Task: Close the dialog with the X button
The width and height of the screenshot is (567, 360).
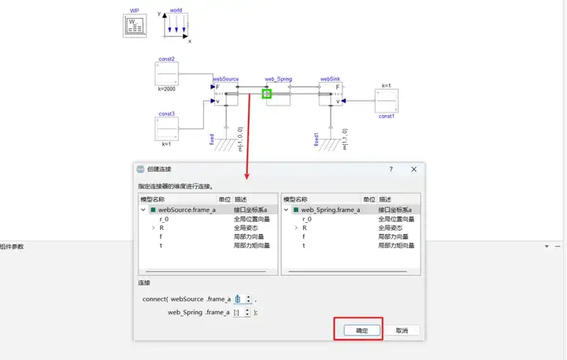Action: click(x=413, y=169)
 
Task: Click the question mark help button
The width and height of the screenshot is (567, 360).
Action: click(x=391, y=169)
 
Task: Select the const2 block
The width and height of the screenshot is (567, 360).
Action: click(x=167, y=74)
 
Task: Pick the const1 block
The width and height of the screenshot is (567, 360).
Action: click(x=386, y=101)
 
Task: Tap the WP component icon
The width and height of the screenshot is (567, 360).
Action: click(x=135, y=26)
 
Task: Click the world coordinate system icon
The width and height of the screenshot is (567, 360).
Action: click(x=176, y=26)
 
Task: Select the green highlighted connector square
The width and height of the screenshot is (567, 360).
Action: click(x=267, y=94)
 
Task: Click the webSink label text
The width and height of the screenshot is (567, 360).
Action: click(x=330, y=80)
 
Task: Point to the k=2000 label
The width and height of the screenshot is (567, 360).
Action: click(x=166, y=90)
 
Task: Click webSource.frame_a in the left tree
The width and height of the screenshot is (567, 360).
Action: click(x=187, y=210)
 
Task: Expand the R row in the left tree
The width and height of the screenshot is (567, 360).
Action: click(x=152, y=228)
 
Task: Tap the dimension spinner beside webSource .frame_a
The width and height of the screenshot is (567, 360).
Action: click(x=242, y=299)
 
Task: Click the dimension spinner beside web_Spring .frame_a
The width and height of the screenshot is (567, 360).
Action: click(x=242, y=312)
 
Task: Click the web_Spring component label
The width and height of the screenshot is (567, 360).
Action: click(x=278, y=80)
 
